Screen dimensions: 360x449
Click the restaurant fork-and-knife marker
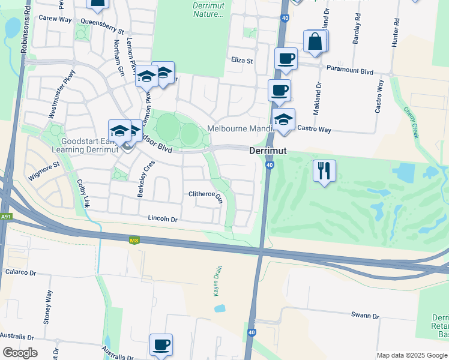[x=324, y=171]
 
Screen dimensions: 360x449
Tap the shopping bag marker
[x=315, y=41]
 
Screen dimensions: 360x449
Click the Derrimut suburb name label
[x=268, y=151]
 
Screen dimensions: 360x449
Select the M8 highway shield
[x=134, y=240]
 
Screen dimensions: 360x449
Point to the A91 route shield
[x=6, y=217]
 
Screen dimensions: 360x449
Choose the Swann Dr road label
[x=365, y=316]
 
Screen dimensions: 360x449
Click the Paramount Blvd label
[x=350, y=71]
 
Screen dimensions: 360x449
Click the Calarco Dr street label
[x=21, y=272]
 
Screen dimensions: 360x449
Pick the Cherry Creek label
[x=411, y=122]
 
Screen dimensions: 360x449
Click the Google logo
[x=20, y=353]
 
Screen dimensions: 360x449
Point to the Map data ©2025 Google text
[x=411, y=355]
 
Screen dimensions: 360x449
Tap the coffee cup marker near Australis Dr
[x=161, y=345]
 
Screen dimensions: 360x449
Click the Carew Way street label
[x=55, y=19]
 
